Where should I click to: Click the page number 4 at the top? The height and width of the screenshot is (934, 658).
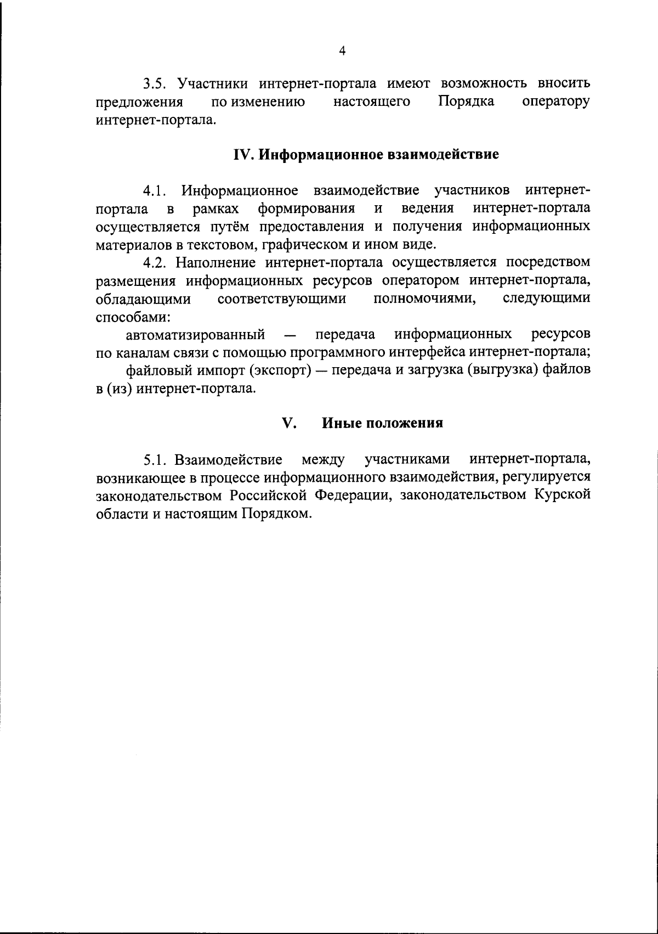pyautogui.click(x=343, y=51)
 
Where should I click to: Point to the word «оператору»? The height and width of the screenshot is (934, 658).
pyautogui.click(x=557, y=102)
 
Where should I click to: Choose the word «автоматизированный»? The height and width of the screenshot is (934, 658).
pyautogui.click(x=196, y=334)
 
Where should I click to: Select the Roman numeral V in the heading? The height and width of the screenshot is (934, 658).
pyautogui.click(x=288, y=423)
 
